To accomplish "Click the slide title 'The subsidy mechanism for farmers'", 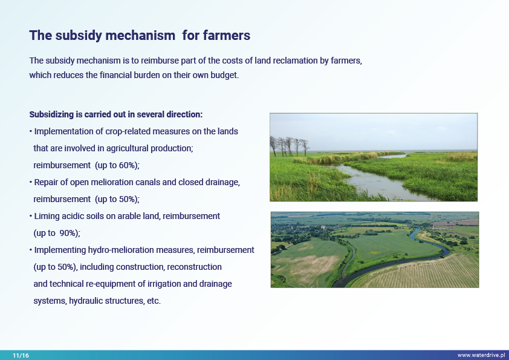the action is pyautogui.click(x=140, y=36).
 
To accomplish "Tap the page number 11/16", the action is pyautogui.click(x=21, y=355).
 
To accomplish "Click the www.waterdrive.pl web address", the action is pyautogui.click(x=481, y=355).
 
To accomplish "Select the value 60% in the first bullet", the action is pyautogui.click(x=126, y=165).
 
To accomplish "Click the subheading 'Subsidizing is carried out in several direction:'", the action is pyautogui.click(x=116, y=114).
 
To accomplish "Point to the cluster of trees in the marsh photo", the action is pyautogui.click(x=289, y=146).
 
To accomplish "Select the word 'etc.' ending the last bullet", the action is pyautogui.click(x=154, y=301).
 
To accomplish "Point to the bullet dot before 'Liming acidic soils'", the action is pyautogui.click(x=30, y=216).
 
